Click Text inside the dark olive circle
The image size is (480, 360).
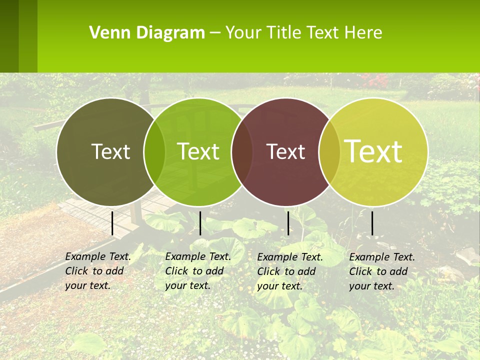click(110, 151)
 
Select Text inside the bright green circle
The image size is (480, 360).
click(198, 151)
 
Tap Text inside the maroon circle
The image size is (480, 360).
click(286, 151)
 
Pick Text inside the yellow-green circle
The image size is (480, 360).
click(373, 151)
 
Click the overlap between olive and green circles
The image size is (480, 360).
click(154, 151)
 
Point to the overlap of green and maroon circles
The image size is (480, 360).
click(242, 151)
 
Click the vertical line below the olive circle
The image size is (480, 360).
click(112, 223)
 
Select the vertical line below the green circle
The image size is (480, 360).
click(200, 223)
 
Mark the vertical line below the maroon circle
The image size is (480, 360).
click(288, 223)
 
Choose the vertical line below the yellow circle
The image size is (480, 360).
click(372, 223)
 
